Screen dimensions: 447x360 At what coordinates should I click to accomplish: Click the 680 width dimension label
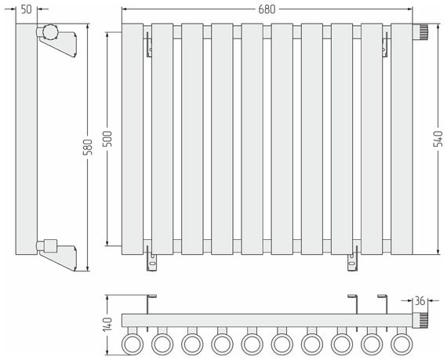point(267,9)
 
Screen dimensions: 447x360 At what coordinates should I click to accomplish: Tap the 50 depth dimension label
point(26,9)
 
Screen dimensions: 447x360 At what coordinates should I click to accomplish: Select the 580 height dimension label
point(88,147)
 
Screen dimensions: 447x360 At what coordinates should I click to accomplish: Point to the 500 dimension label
point(107,139)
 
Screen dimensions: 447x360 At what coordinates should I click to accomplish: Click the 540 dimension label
point(438,139)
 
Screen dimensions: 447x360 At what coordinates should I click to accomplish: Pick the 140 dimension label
point(107,325)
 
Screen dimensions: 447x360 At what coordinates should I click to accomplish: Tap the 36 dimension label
point(420,300)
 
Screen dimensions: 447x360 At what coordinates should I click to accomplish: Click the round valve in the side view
point(50,31)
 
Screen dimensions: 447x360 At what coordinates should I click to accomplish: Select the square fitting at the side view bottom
point(51,246)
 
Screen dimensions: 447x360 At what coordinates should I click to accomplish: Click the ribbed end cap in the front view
point(420,31)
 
